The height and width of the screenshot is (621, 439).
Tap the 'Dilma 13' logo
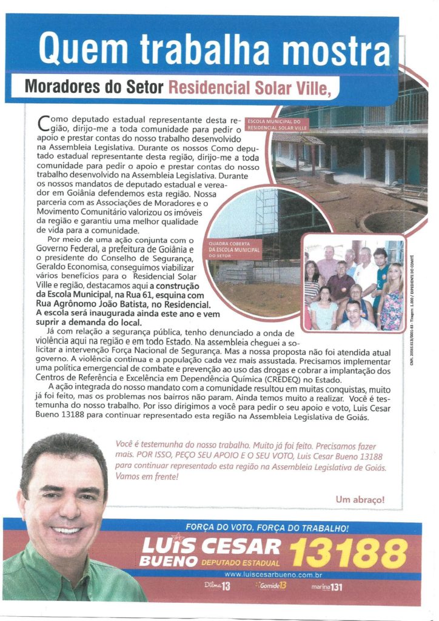(217, 586)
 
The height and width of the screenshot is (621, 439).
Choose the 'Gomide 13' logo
(271, 586)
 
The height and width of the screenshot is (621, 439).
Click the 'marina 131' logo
(328, 586)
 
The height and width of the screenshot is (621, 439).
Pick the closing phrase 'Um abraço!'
(360, 500)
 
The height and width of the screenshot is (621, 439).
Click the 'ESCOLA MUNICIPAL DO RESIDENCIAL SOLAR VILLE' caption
(276, 125)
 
